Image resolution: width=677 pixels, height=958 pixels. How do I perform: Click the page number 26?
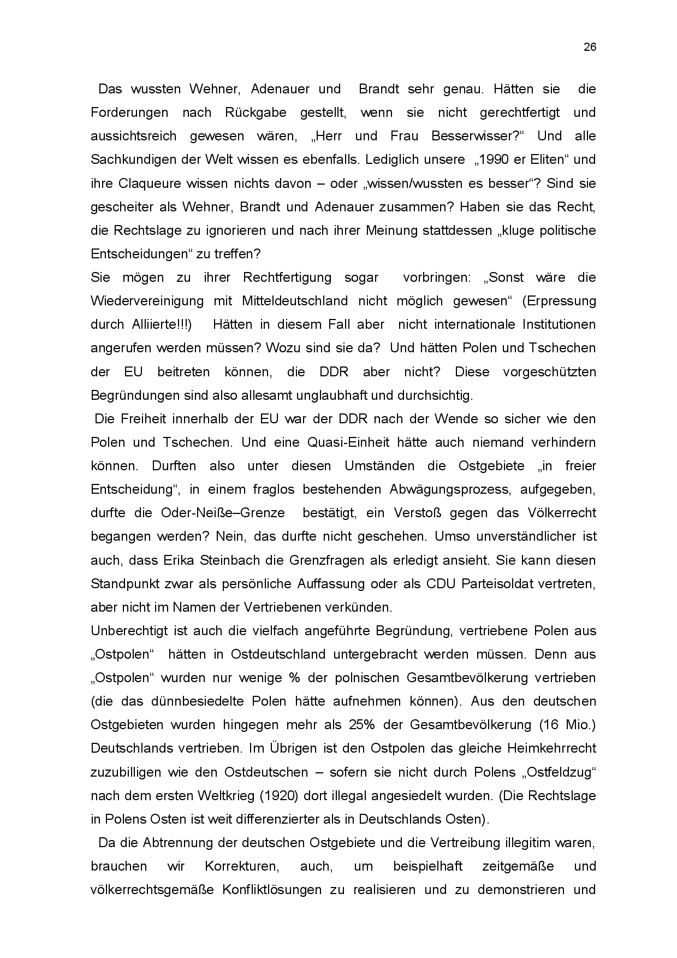coord(590,47)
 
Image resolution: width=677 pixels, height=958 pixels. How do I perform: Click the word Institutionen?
coord(559,324)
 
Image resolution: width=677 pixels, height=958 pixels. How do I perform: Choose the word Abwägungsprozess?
coord(450,489)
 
